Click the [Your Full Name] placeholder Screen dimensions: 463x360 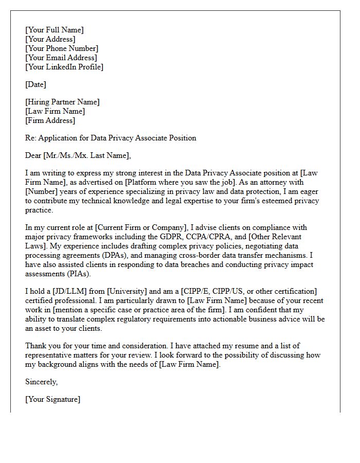[54, 30]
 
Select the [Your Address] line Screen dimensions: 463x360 [50, 39]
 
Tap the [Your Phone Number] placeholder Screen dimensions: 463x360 [62, 48]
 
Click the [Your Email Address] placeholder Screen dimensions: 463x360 [61, 58]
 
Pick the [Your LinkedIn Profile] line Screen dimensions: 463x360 [64, 67]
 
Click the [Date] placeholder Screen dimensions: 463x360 [35, 84]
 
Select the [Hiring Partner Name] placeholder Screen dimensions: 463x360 [62, 102]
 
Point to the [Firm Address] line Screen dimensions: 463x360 [50, 120]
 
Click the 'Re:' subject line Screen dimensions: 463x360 [111, 138]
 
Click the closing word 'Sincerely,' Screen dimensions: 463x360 [42, 382]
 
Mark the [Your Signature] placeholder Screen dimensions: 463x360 [52, 399]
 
